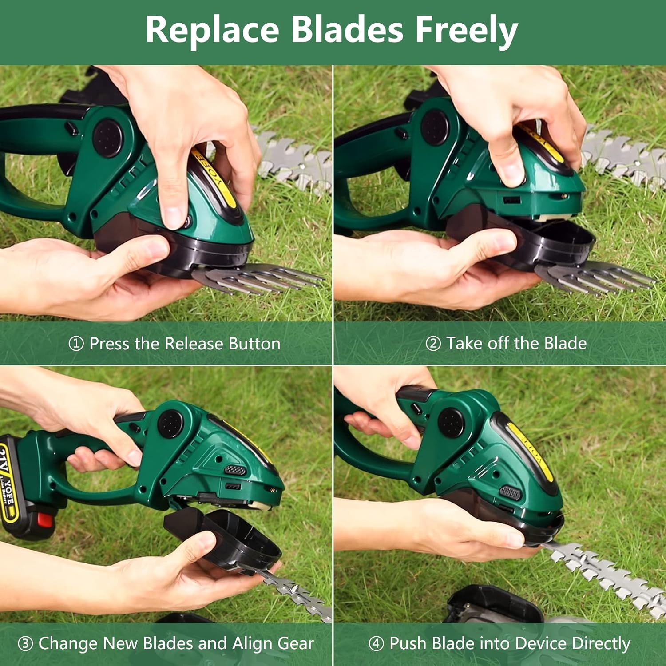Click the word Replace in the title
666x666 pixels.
tap(212, 30)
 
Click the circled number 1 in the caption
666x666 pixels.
tap(76, 344)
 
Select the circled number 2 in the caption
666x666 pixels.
tap(433, 343)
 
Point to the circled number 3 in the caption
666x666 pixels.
tap(25, 643)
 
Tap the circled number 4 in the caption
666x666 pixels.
tap(376, 643)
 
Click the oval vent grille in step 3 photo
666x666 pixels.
tap(235, 470)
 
